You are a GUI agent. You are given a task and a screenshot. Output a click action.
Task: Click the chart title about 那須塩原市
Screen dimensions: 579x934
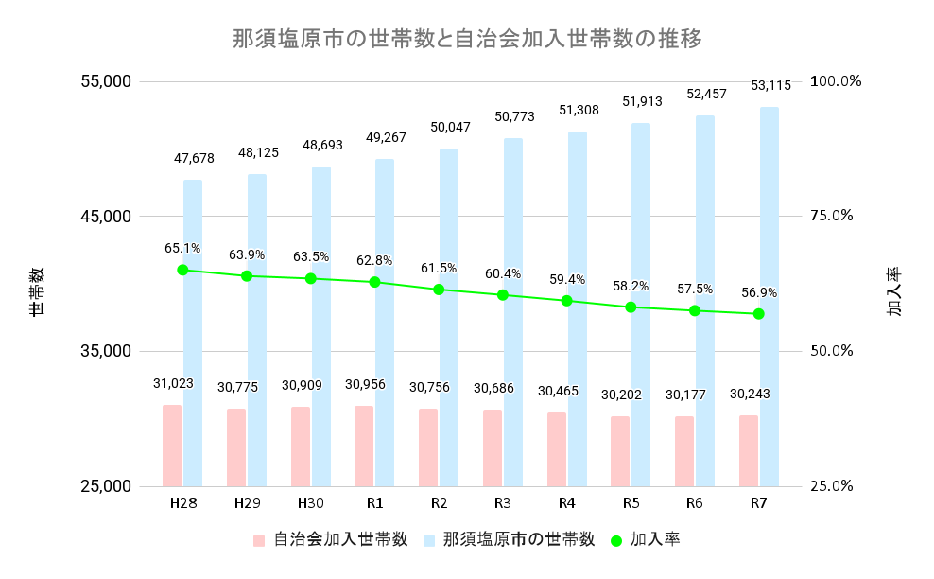click(467, 40)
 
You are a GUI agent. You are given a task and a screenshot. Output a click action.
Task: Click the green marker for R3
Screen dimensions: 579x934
click(503, 295)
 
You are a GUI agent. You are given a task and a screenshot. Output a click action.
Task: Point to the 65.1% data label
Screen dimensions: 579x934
click(182, 248)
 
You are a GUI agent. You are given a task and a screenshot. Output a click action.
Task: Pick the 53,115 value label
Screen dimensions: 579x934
click(770, 85)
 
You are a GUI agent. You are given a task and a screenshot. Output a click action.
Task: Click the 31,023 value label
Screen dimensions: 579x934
click(173, 383)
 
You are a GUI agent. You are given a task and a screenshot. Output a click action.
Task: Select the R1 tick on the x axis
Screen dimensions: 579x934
click(374, 502)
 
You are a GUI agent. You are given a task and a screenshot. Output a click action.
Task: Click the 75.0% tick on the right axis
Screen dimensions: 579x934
click(831, 216)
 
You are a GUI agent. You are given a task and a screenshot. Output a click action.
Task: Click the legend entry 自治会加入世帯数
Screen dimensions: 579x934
click(331, 540)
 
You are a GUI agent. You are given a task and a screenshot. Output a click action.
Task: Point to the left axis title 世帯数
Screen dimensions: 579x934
click(36, 290)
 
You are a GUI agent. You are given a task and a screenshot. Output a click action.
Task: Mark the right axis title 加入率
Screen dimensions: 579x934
click(894, 290)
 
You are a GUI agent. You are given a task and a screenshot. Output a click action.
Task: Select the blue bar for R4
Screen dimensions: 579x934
click(577, 308)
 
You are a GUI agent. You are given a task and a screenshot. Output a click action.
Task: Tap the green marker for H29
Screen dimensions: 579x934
click(247, 276)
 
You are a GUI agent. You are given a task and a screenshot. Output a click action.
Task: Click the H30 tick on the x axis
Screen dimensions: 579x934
click(311, 502)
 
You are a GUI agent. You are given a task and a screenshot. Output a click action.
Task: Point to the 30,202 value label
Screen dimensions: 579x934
click(622, 394)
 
